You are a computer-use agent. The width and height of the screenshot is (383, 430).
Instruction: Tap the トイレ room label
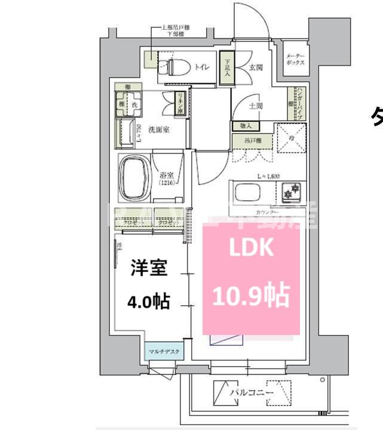(201, 67)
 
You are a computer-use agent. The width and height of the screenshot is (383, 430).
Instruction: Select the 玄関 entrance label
(256, 67)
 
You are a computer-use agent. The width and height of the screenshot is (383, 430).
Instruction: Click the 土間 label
(256, 106)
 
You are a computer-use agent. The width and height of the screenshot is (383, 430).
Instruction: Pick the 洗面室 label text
(158, 129)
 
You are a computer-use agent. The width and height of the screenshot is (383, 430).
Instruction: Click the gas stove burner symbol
(292, 193)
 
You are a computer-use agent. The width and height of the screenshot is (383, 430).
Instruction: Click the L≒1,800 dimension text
(268, 176)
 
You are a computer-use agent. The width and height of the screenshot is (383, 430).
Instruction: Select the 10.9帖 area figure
(252, 294)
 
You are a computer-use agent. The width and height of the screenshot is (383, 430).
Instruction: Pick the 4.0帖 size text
(148, 302)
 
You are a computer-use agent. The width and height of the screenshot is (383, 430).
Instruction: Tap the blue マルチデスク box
(163, 352)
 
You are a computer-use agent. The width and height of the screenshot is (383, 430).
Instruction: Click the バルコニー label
(252, 393)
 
